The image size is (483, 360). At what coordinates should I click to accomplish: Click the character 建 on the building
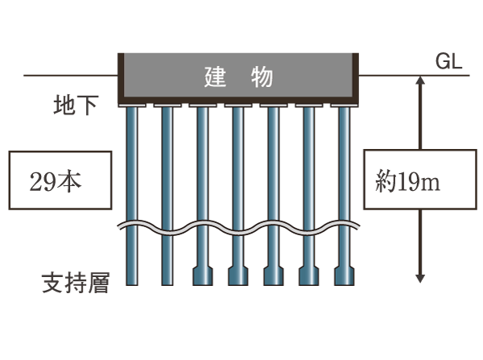pyautogui.click(x=214, y=78)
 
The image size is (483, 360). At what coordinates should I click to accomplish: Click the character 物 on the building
pyautogui.click(x=262, y=78)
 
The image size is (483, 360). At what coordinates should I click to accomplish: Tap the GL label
pyautogui.click(x=448, y=62)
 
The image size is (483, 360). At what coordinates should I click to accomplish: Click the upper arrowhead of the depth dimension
pyautogui.click(x=419, y=81)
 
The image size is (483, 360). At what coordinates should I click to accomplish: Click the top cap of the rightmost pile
pyautogui.click(x=344, y=104)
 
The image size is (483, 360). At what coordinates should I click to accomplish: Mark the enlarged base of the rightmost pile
pyautogui.click(x=344, y=277)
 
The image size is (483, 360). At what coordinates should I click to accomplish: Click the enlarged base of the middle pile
pyautogui.click(x=237, y=277)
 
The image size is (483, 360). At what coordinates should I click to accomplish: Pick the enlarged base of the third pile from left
pyautogui.click(x=202, y=277)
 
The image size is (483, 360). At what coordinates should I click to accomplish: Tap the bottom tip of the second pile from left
pyautogui.click(x=167, y=282)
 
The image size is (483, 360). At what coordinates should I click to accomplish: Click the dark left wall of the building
pyautogui.click(x=121, y=77)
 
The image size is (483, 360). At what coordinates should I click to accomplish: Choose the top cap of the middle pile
pyautogui.click(x=237, y=104)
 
